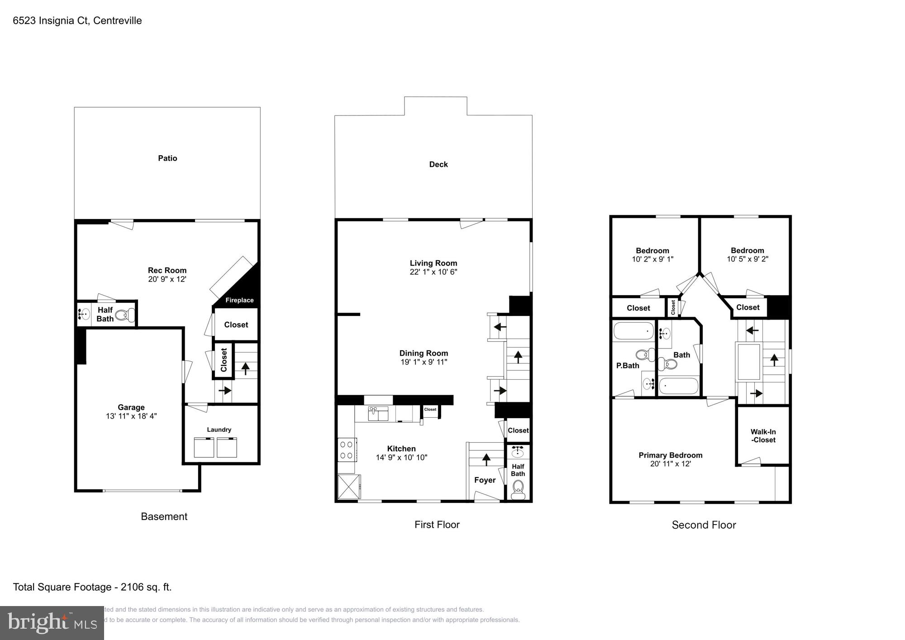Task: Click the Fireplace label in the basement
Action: click(x=239, y=300)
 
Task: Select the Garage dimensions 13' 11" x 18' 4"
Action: click(x=131, y=416)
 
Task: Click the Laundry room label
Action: click(x=219, y=430)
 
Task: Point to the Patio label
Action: click(x=167, y=158)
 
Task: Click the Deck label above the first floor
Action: click(x=438, y=164)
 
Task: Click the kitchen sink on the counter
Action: click(x=378, y=414)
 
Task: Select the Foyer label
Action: click(x=485, y=480)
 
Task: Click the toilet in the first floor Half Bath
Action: click(x=518, y=487)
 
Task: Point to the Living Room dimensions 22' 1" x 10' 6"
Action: click(x=433, y=272)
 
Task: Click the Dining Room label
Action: click(x=424, y=353)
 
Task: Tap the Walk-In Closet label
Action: click(x=763, y=436)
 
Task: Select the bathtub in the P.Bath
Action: click(x=633, y=331)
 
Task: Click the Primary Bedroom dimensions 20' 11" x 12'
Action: click(x=670, y=464)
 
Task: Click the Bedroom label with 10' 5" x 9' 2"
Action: click(x=747, y=250)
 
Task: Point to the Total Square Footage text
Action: click(x=92, y=587)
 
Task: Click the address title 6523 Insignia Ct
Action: click(x=77, y=20)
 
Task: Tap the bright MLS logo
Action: click(x=52, y=623)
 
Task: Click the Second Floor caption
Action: click(x=704, y=525)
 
